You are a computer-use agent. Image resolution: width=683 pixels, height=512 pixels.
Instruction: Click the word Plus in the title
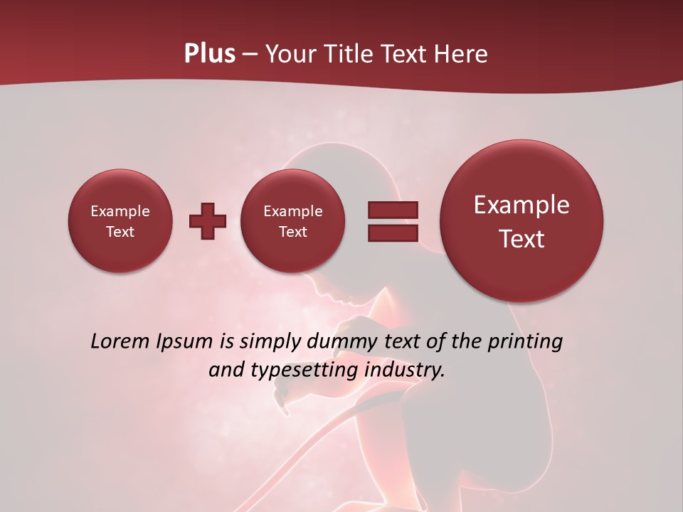click(209, 54)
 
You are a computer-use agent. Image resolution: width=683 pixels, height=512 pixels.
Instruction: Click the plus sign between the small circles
click(208, 221)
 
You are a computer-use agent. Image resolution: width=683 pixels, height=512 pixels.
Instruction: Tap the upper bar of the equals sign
click(393, 210)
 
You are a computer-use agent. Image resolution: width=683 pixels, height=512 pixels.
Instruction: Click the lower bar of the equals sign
click(393, 233)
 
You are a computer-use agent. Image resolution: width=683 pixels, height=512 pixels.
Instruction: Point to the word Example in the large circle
click(521, 205)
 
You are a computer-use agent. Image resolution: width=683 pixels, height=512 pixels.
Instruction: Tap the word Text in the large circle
click(521, 239)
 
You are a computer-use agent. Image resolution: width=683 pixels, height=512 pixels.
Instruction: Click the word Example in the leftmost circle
click(120, 211)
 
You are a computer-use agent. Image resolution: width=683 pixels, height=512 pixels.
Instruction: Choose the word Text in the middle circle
click(292, 232)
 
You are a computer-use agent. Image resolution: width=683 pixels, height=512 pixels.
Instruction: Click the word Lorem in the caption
click(120, 341)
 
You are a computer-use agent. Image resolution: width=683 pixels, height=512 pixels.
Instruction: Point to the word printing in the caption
click(524, 341)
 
